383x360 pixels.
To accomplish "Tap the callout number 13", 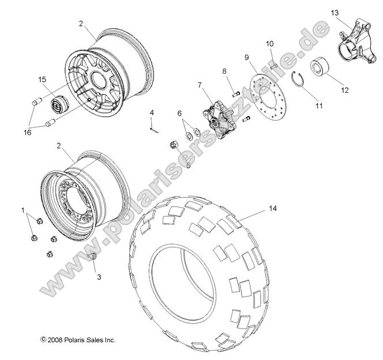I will click(335, 12).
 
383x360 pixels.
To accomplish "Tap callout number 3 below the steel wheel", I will click(98, 277).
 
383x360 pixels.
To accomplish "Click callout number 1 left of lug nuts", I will click(22, 209).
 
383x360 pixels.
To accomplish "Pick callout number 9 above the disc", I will click(246, 57).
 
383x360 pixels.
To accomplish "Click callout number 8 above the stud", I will click(225, 71).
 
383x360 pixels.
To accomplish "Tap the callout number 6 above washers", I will click(179, 113).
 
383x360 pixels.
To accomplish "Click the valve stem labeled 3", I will click(92, 256).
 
